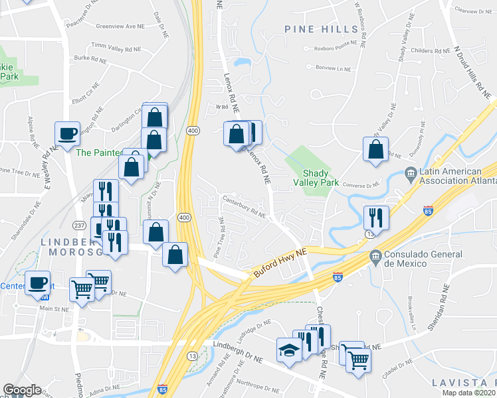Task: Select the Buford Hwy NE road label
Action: tap(281, 263)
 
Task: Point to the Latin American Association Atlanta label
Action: tap(458, 176)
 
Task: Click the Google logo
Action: tap(21, 389)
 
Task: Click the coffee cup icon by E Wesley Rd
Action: tap(67, 133)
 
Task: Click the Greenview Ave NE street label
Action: tap(120, 27)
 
